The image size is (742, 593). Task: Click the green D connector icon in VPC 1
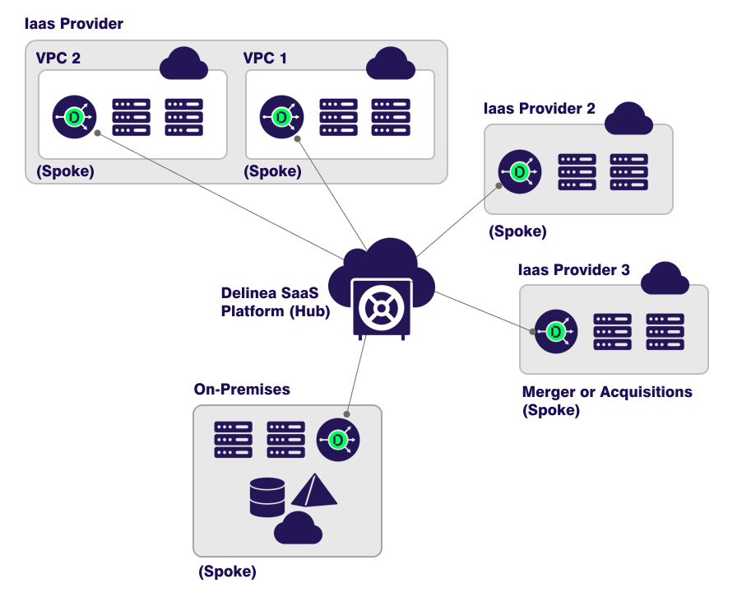281,118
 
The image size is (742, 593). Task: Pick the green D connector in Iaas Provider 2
520,172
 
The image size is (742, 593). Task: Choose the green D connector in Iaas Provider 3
556,331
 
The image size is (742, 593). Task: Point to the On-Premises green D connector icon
338,441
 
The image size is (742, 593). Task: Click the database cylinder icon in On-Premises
267,497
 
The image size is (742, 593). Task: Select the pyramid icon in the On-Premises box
313,491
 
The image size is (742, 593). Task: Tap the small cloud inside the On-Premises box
297,528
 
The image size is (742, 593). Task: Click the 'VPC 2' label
58,58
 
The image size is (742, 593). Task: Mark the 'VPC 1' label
266,58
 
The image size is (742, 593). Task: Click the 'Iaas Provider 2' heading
540,109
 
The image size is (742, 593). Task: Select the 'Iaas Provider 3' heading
574,269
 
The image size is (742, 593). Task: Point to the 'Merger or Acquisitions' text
607,392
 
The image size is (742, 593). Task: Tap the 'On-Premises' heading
242,389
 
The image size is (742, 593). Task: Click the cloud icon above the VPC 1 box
389,64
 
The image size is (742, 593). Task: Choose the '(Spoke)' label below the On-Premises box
227,571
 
